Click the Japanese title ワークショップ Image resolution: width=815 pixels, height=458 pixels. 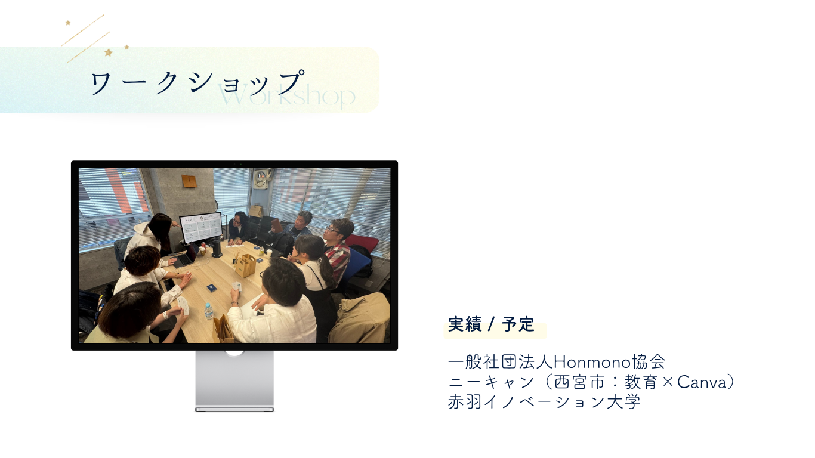click(x=197, y=82)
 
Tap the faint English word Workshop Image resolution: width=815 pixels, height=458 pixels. click(x=286, y=96)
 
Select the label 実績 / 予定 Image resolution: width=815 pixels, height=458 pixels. click(x=491, y=324)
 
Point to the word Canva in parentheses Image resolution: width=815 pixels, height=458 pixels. click(x=702, y=382)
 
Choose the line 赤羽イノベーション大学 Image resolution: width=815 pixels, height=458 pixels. click(x=544, y=402)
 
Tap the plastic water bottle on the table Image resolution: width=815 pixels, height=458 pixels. click(x=208, y=311)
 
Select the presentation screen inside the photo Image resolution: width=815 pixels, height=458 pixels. click(x=201, y=227)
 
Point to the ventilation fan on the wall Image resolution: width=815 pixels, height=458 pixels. click(x=261, y=179)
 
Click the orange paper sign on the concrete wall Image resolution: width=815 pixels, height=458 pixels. click(x=189, y=181)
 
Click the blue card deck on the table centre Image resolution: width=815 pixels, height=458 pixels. click(x=212, y=288)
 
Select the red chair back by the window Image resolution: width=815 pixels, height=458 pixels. click(x=362, y=243)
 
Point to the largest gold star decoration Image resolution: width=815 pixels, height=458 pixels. click(x=109, y=52)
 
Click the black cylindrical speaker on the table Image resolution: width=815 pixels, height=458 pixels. click(x=217, y=249)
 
